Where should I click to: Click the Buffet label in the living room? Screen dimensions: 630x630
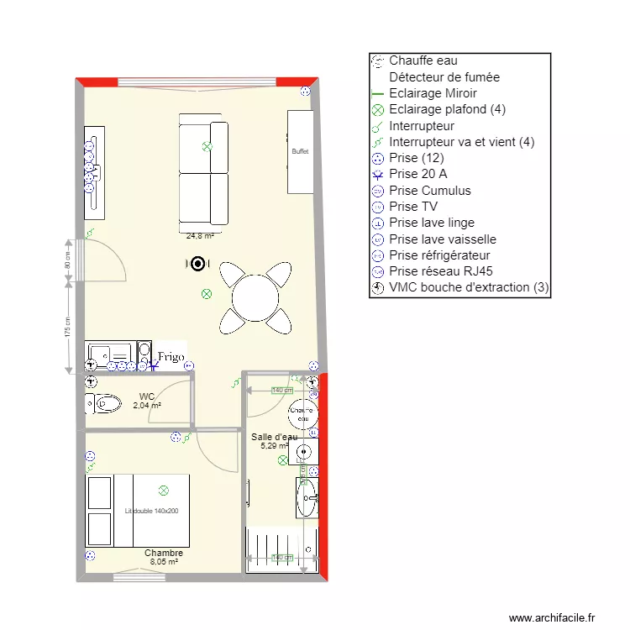300,152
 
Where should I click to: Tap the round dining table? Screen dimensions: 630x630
255,297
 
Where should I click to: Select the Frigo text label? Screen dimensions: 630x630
170,358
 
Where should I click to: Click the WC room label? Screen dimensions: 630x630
147,396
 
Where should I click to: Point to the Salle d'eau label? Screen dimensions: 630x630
274,437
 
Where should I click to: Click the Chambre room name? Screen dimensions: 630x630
163,554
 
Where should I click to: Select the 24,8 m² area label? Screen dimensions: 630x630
200,237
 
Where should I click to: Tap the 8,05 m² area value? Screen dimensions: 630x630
163,562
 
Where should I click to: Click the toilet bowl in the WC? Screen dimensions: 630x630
105,404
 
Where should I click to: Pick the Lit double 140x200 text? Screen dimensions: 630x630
151,511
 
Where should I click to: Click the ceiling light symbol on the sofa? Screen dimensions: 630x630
207,147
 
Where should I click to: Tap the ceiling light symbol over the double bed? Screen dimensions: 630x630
164,490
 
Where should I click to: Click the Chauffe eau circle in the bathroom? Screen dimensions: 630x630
301,413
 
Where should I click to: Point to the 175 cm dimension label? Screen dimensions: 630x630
67,327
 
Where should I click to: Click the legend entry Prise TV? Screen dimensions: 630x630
413,207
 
